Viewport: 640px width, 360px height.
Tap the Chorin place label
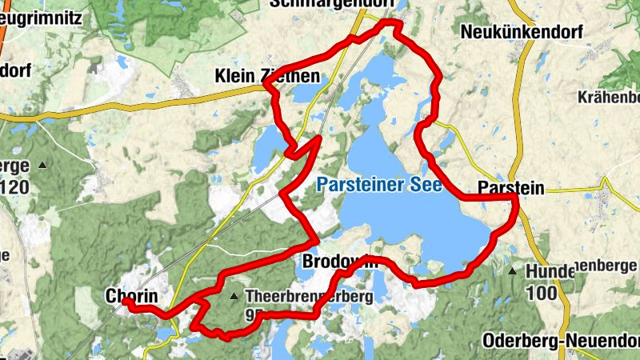[131, 296]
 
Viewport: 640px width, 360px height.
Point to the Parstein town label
[510, 189]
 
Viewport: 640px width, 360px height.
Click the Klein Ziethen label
[267, 77]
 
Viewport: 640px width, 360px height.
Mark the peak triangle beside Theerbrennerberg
[234, 297]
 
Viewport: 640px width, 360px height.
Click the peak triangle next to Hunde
[512, 271]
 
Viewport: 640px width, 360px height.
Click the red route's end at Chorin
[126, 302]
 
